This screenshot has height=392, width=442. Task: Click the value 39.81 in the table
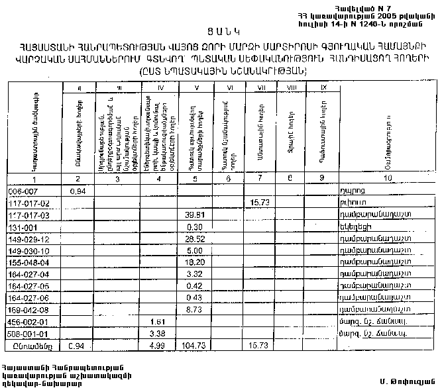click(193, 215)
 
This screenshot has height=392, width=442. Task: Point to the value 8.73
click(194, 309)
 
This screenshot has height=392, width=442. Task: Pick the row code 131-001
click(22, 226)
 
